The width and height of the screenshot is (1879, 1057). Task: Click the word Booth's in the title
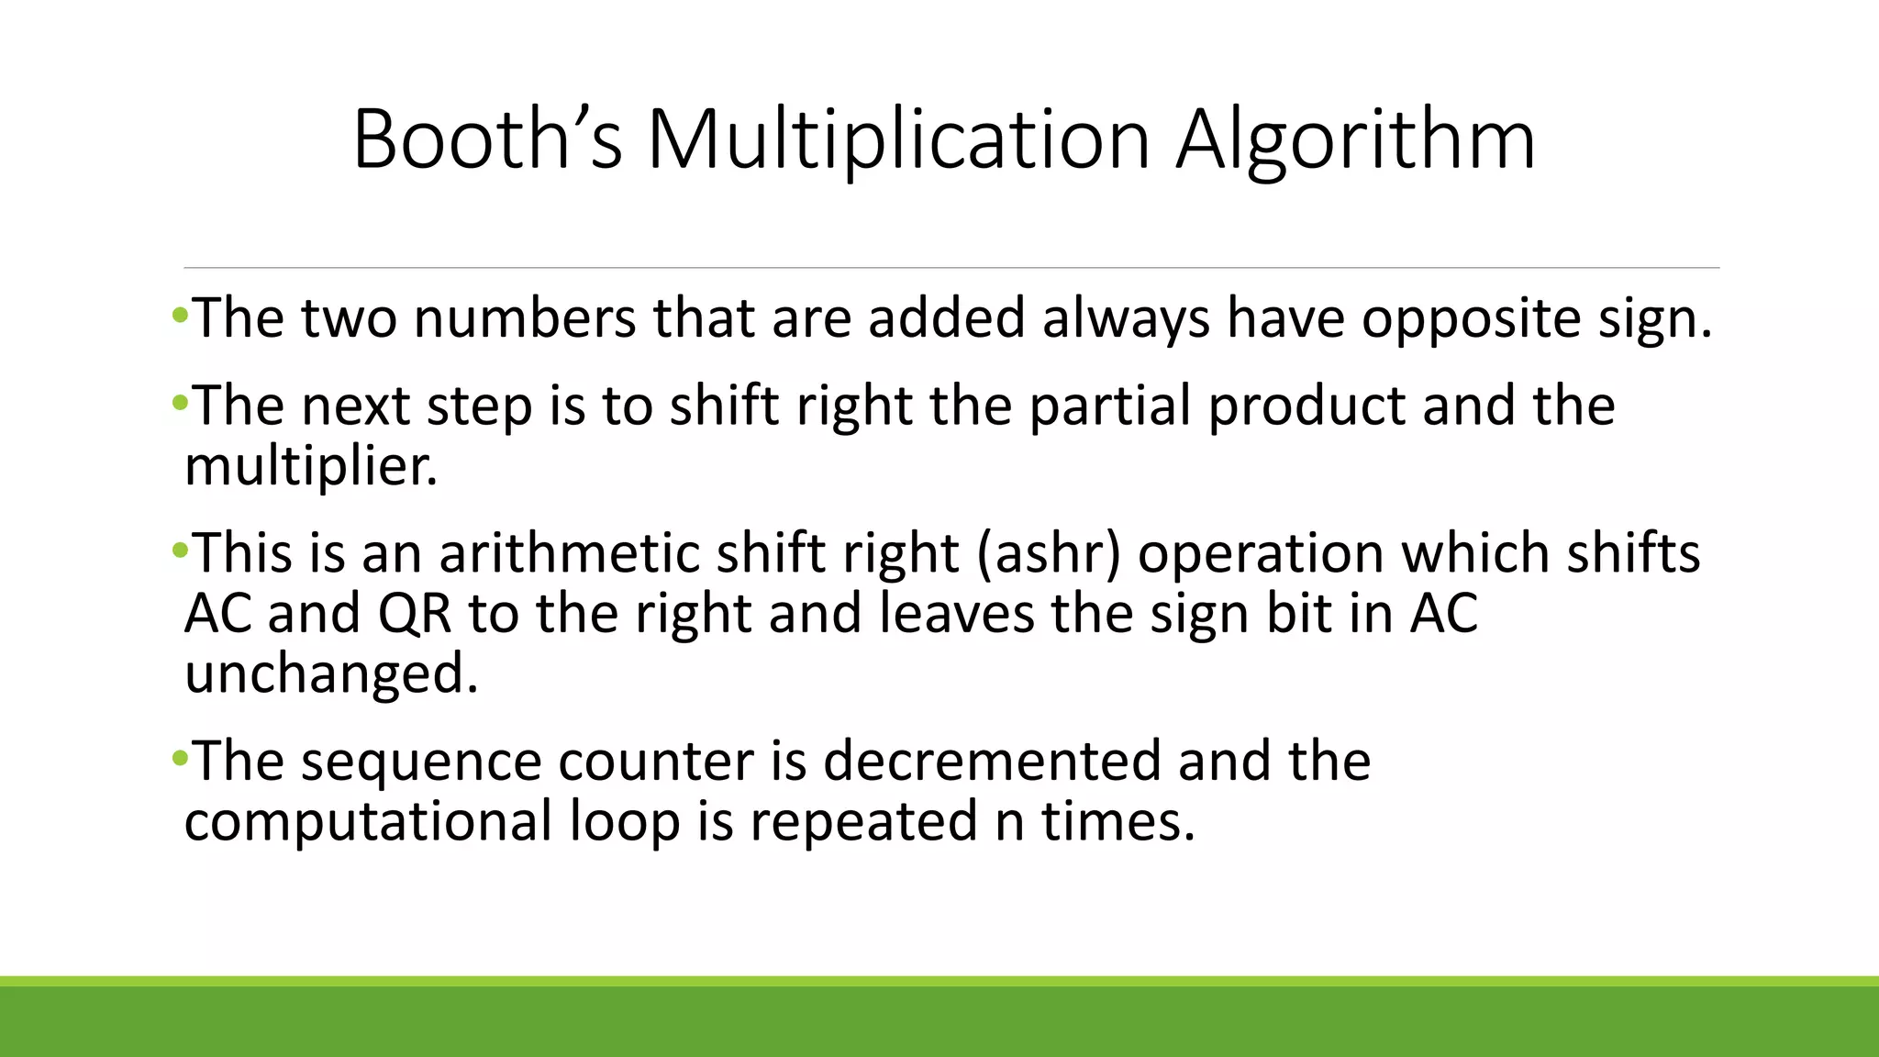pyautogui.click(x=487, y=139)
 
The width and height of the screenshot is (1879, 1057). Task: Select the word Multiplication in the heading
pyautogui.click(x=898, y=139)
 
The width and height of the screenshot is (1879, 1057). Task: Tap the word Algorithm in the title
pyautogui.click(x=1356, y=139)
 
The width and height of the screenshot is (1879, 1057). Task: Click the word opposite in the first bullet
pyautogui.click(x=1471, y=318)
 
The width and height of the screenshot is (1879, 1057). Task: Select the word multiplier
pyautogui.click(x=311, y=466)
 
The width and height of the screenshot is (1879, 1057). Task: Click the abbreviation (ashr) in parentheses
pyautogui.click(x=1049, y=555)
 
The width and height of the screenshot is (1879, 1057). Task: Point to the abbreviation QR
pyautogui.click(x=415, y=614)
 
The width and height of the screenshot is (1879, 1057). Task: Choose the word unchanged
pyautogui.click(x=331, y=674)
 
